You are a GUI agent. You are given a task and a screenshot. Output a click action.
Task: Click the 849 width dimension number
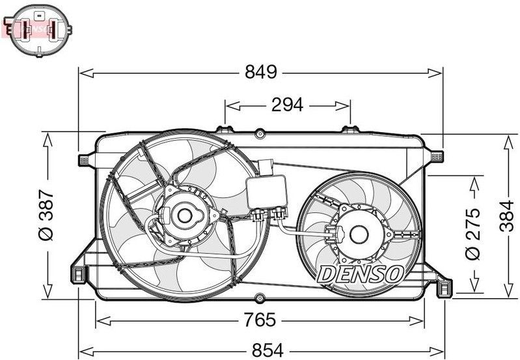pos(260,72)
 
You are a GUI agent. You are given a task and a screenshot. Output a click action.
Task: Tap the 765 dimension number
pos(260,320)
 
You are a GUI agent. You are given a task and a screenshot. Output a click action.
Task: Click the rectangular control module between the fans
pos(266,191)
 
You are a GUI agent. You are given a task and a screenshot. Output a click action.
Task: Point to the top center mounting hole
pos(260,133)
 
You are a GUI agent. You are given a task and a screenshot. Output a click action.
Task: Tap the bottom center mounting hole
pos(260,299)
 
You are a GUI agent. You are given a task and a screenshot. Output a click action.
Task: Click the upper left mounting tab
pos(84,159)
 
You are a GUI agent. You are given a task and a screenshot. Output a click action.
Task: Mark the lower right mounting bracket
pos(443,286)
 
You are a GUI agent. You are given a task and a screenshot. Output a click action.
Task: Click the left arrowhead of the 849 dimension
pos(83,73)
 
